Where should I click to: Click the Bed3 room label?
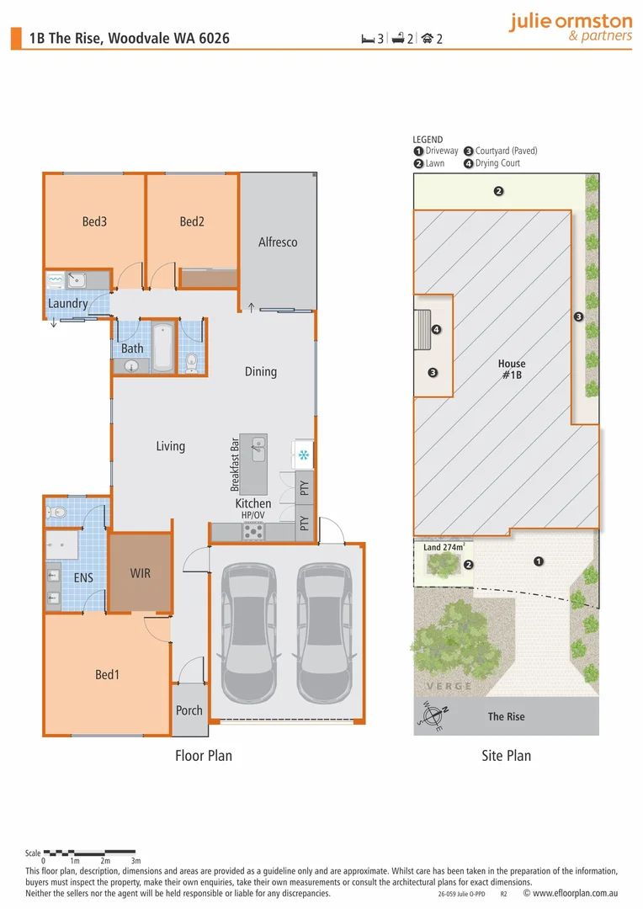pos(94,222)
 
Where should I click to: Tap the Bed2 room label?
pos(192,222)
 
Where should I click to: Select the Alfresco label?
pos(278,242)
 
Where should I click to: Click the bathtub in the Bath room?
pos(162,347)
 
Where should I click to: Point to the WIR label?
pos(140,573)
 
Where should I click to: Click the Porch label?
pos(189,710)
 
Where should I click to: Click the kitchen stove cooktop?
pos(253,531)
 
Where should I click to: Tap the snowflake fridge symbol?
pos(303,455)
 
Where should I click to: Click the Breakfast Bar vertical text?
pos(236,465)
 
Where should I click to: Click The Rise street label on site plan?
pos(506,716)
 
